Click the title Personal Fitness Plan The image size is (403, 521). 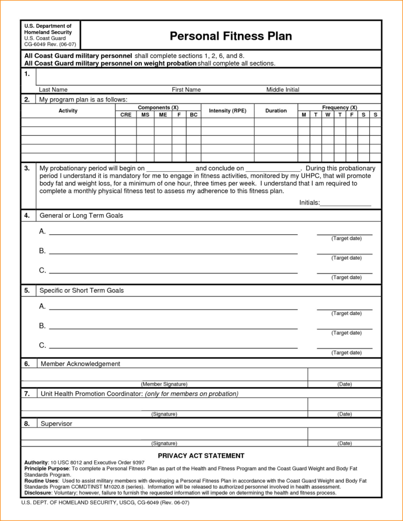231,36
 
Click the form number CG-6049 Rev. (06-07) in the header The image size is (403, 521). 47,45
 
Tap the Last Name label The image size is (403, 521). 53,90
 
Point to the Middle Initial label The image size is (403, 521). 283,90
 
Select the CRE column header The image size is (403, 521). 126,115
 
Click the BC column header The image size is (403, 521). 193,115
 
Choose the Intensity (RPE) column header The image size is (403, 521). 227,111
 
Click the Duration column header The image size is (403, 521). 276,111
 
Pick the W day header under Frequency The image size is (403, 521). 327,115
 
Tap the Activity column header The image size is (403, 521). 68,111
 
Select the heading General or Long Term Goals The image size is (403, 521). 81,215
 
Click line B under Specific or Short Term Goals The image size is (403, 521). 173,328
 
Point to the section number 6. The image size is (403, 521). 27,364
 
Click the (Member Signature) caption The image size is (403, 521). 164,384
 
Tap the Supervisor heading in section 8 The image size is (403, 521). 56,424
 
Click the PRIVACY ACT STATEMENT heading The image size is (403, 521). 201,455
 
